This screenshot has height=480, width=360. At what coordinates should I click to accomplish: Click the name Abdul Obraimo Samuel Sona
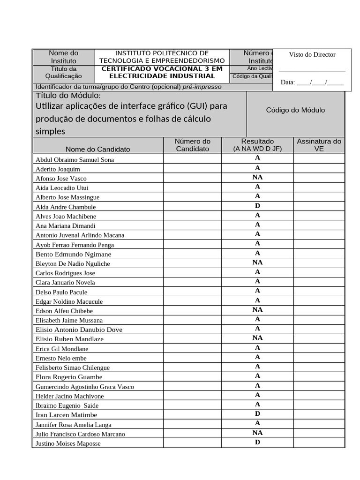[x=75, y=159]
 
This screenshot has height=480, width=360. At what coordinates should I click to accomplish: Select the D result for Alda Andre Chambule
[x=257, y=206]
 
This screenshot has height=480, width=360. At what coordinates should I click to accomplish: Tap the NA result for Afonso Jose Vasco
[x=257, y=177]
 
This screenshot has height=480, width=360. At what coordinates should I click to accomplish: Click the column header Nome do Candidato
[x=98, y=149]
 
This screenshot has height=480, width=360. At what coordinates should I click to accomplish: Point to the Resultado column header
[x=257, y=141]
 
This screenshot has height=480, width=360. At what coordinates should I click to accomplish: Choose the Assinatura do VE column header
[x=319, y=145]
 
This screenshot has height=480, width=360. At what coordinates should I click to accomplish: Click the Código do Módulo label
[x=295, y=110]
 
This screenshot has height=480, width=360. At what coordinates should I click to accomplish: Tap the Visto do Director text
[x=312, y=54]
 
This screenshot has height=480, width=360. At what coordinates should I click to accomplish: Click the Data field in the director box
[x=312, y=82]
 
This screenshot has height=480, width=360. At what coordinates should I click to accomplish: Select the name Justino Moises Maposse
[x=68, y=443]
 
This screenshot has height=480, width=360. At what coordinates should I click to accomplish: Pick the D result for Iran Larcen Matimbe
[x=257, y=414]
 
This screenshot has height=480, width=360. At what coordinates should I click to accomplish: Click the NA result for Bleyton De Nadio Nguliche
[x=257, y=262]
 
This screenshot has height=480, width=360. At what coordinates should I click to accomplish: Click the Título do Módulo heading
[x=68, y=96]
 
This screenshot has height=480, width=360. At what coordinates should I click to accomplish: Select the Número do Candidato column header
[x=192, y=145]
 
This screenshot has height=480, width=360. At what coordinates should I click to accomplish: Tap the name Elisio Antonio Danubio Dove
[x=79, y=330]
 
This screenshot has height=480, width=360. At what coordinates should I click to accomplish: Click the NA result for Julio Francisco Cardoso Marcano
[x=257, y=433]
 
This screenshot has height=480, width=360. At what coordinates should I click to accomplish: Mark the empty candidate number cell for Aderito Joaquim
[x=192, y=168]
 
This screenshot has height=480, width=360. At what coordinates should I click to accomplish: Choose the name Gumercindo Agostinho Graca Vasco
[x=84, y=387]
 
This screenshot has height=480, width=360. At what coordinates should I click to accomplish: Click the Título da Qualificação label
[x=63, y=72]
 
